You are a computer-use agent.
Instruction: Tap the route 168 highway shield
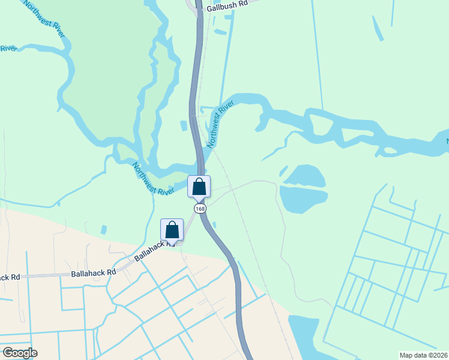[x=200, y=208]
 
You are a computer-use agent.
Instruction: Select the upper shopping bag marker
[x=199, y=187]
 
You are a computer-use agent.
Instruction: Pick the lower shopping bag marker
[x=172, y=230]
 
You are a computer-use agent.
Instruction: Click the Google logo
[x=20, y=353]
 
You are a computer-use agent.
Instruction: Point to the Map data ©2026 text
[x=423, y=355]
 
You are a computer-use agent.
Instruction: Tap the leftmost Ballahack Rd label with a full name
[x=93, y=272]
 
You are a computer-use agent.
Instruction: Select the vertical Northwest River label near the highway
[x=220, y=125]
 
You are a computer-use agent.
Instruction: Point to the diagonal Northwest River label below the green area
[x=153, y=179]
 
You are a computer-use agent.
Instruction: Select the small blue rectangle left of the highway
[x=184, y=125]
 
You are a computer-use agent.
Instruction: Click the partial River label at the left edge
[x=7, y=49]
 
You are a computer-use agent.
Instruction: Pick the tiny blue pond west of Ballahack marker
[x=104, y=230]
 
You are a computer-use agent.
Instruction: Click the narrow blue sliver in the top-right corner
[x=378, y=28]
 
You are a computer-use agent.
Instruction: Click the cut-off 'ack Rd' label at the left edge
[x=10, y=277]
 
